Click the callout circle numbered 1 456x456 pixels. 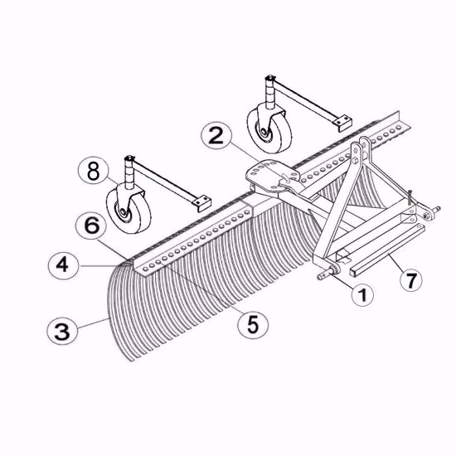pos(362,295)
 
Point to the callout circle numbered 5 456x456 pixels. pos(253,324)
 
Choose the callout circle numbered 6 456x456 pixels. pos(91,226)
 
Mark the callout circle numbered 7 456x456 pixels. pos(411,280)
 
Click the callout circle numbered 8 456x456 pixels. pos(94,171)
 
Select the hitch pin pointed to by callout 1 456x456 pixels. pos(328,273)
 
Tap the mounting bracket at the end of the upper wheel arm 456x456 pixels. pos(342,122)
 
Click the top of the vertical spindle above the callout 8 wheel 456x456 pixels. pos(129,158)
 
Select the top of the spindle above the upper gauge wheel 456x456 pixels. pos(270,78)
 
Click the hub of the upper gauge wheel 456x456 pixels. pos(264,132)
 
